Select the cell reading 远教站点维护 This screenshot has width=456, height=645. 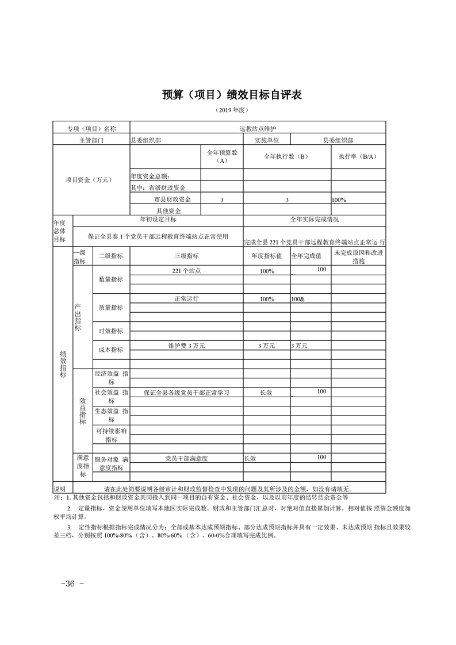(x=258, y=128)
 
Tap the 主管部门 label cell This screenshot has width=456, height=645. (x=91, y=140)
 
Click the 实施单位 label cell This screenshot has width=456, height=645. (x=267, y=140)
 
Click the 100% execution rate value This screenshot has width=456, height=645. (x=339, y=199)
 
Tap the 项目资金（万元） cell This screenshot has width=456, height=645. (x=91, y=179)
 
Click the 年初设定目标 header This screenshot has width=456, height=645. (x=158, y=220)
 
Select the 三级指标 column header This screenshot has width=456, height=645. (x=186, y=256)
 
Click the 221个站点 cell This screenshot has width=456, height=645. (x=186, y=270)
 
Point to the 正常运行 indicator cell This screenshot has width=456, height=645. (x=186, y=299)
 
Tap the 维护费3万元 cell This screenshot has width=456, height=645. (x=186, y=346)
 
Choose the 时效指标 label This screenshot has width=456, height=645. (x=111, y=331)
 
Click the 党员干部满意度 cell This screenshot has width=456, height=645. (x=186, y=458)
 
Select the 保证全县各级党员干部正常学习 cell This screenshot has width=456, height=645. (x=186, y=393)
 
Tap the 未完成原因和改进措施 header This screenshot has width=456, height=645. (x=357, y=256)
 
